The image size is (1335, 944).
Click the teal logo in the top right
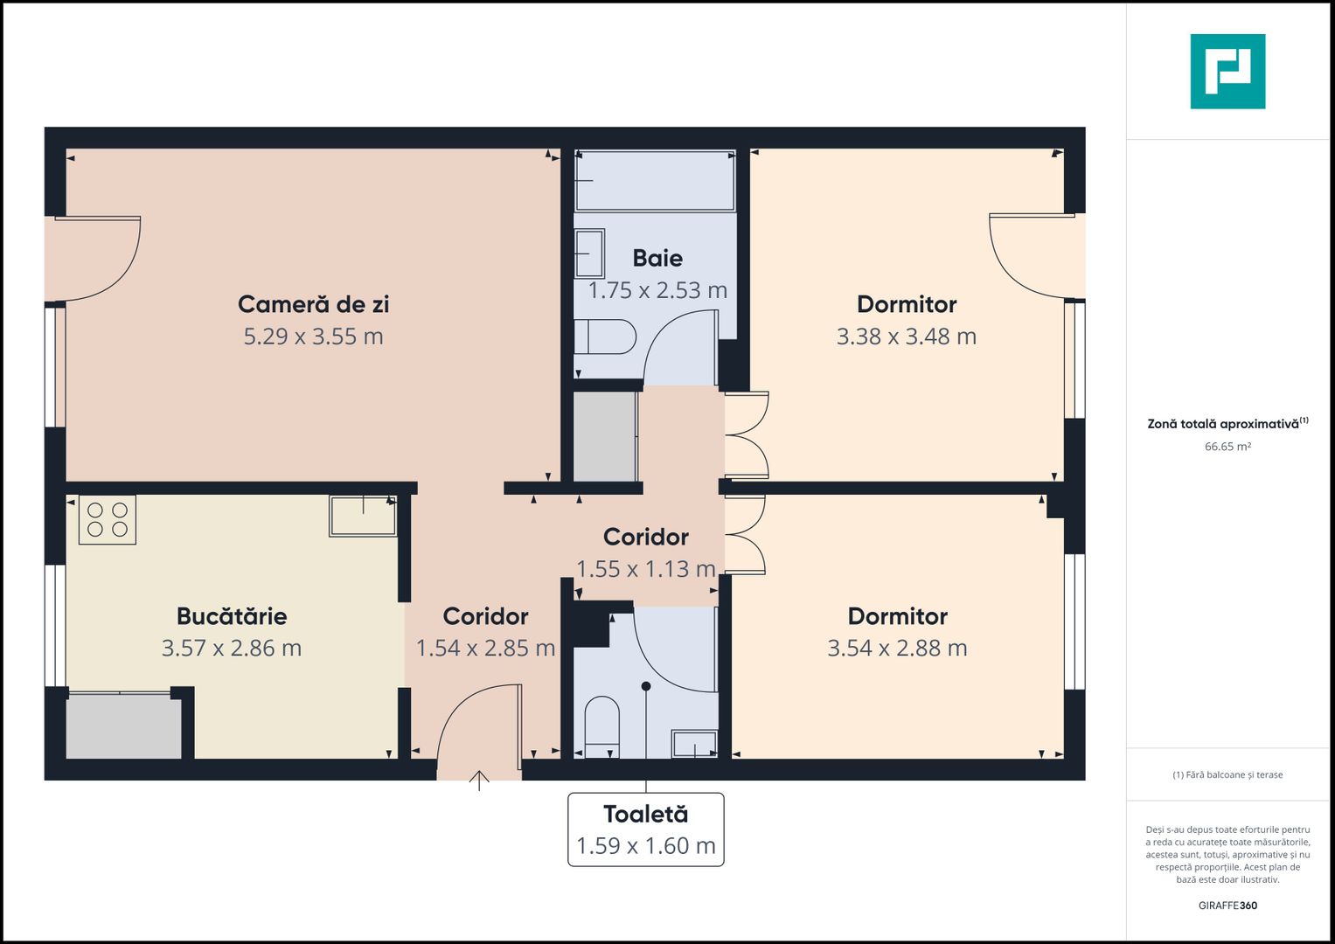[1227, 72]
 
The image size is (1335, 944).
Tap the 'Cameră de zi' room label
[313, 304]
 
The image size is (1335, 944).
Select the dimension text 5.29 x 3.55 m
[313, 337]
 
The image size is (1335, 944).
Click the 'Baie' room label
[657, 258]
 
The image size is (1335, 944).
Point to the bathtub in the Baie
[655, 181]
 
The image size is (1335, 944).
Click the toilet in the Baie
[605, 337]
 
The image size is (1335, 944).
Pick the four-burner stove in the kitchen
[108, 519]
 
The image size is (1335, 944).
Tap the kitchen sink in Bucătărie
[363, 515]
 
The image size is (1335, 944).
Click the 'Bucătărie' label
[232, 616]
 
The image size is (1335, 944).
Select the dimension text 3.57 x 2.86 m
[232, 649]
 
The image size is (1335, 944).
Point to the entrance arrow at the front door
[479, 780]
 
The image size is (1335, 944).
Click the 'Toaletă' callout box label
[646, 815]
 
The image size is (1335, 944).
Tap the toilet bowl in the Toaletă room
[601, 724]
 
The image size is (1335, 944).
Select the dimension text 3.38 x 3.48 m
[907, 337]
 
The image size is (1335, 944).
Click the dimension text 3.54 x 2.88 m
[898, 649]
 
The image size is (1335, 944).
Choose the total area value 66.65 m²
[1227, 447]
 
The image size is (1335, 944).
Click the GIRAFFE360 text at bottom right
[1227, 906]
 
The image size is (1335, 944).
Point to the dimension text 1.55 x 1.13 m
[646, 569]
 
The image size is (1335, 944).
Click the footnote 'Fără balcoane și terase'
[1227, 774]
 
